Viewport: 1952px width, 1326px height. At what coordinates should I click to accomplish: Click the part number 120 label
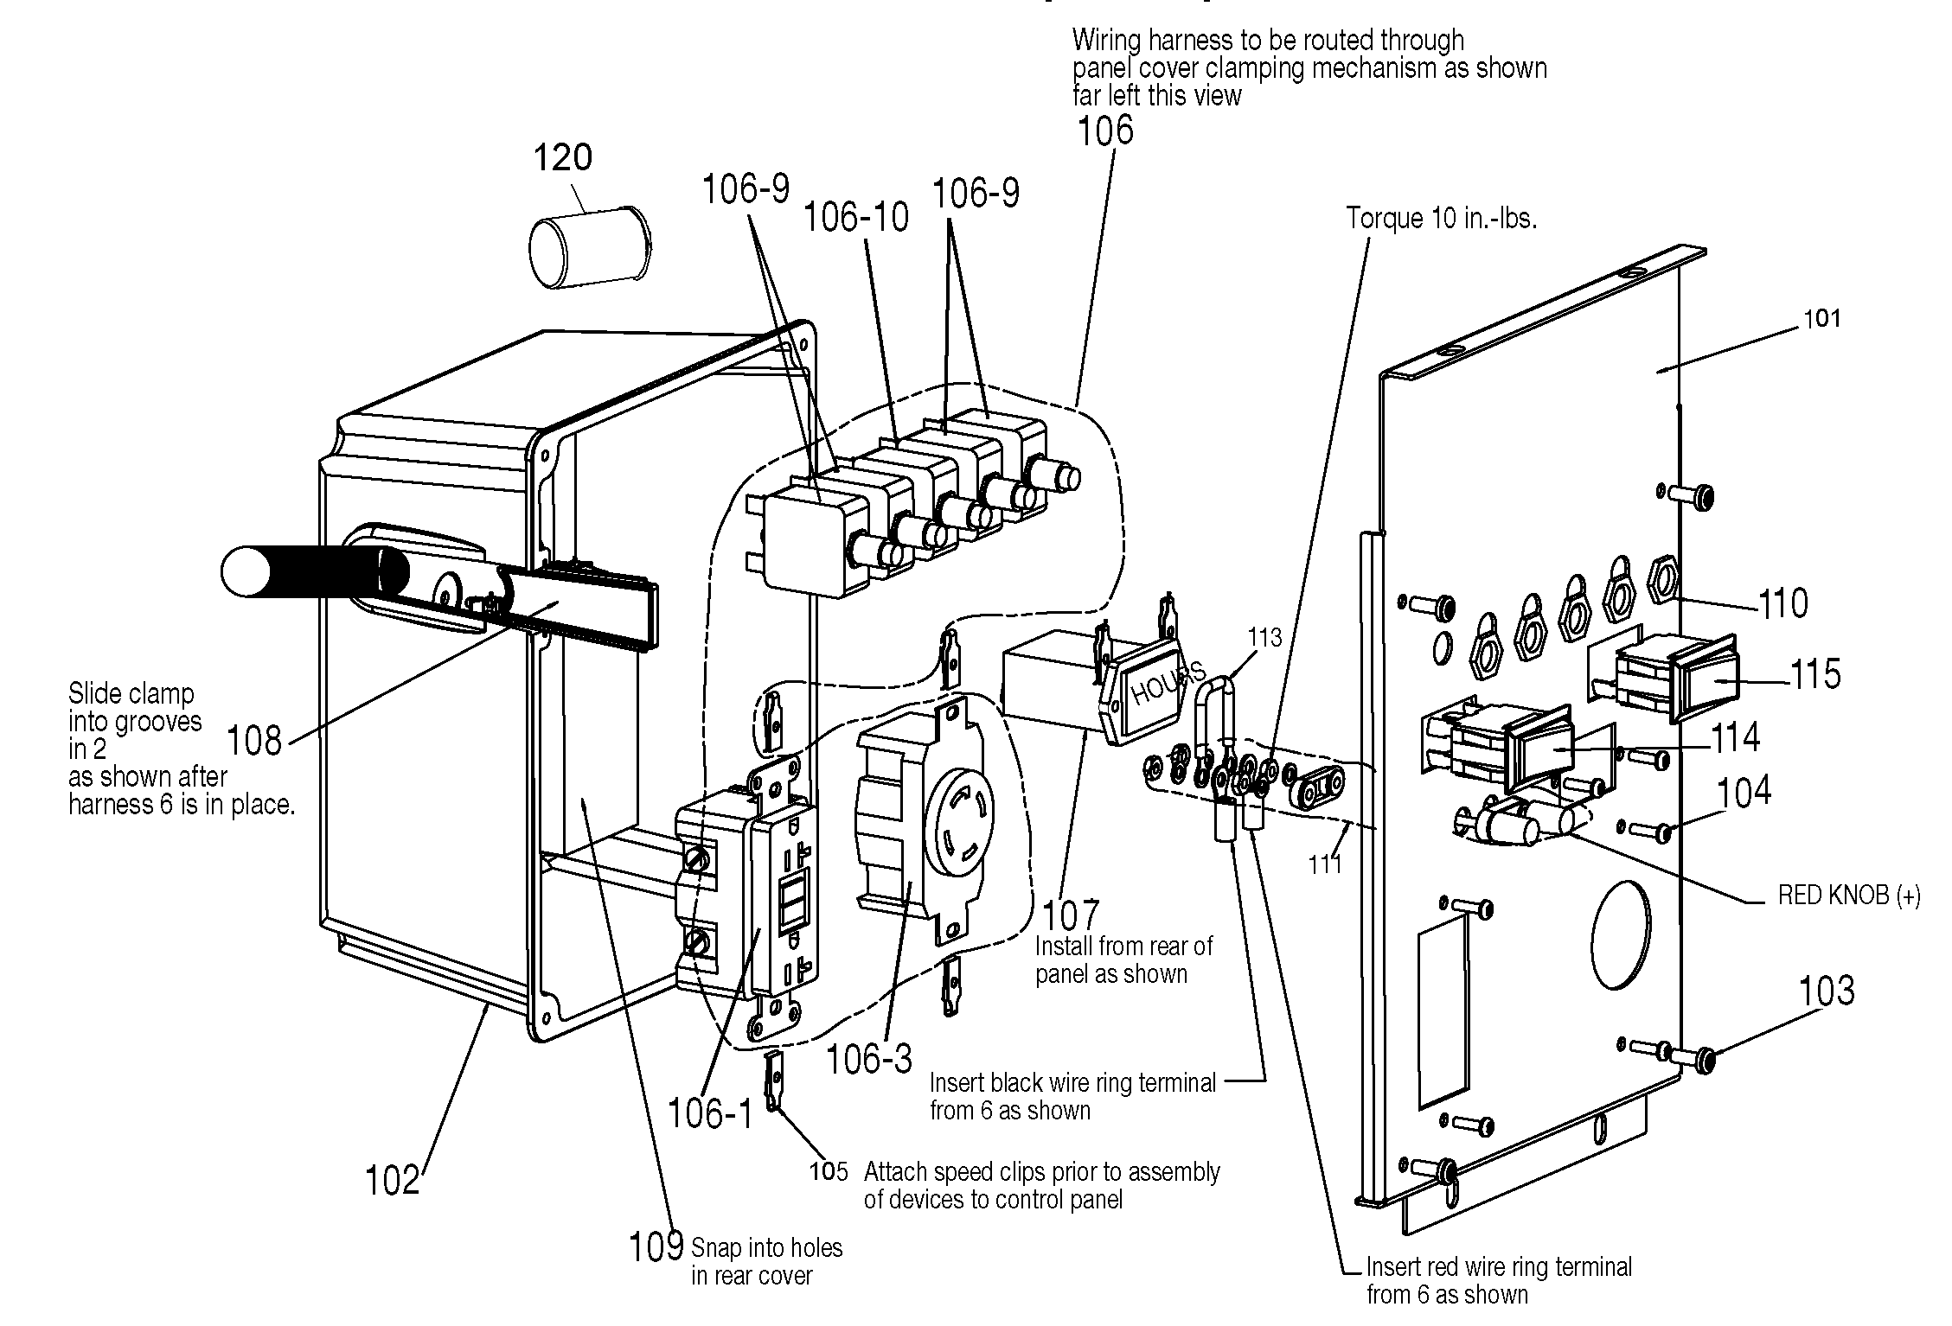point(562,158)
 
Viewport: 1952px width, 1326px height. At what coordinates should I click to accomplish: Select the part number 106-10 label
point(856,217)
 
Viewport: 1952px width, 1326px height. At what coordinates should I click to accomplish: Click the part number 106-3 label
point(868,1058)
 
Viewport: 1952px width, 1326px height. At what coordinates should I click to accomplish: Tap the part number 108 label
point(254,742)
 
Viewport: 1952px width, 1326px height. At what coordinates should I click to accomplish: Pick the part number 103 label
point(1827,991)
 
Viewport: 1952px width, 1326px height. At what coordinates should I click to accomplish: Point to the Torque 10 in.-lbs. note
point(1441,219)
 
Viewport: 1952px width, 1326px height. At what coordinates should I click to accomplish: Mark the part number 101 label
point(1822,319)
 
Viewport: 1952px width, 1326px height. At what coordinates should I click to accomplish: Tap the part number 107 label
point(1070,915)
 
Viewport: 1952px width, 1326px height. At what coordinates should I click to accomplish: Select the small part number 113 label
point(1264,638)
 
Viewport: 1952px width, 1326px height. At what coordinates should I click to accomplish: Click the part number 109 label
point(656,1247)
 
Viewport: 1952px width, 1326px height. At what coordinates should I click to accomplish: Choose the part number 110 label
point(1783,603)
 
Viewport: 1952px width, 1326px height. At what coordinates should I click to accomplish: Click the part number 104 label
point(1744,792)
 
